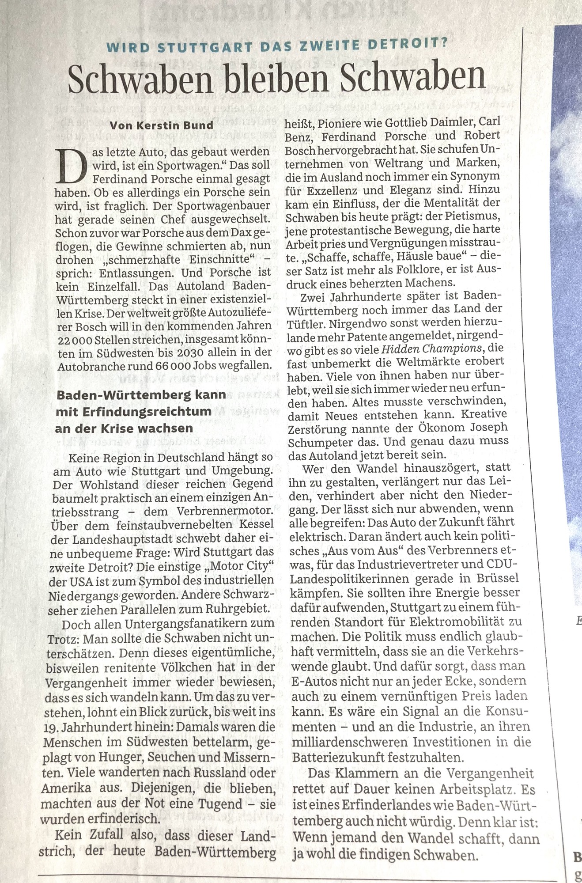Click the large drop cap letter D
point(68,166)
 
